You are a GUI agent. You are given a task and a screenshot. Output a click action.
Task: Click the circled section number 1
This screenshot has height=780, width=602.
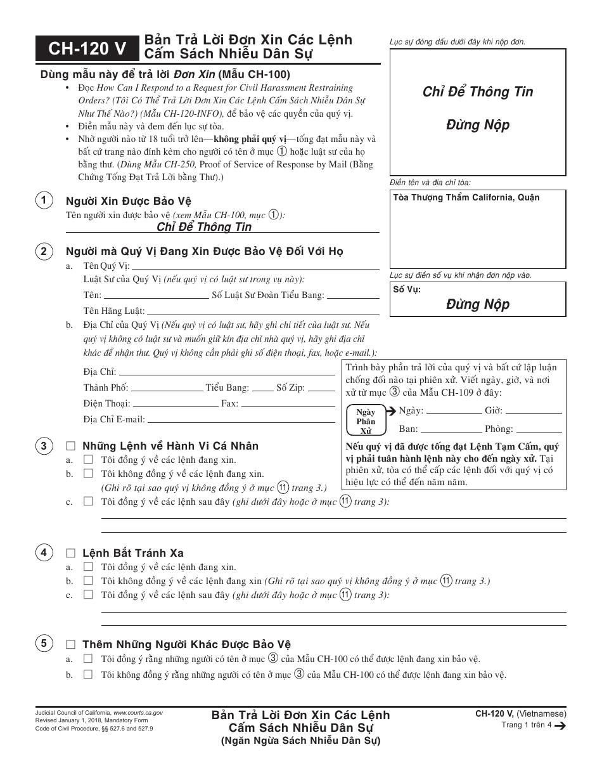pos(44,201)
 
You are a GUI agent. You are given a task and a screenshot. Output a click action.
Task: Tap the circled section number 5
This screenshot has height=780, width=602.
pos(44,644)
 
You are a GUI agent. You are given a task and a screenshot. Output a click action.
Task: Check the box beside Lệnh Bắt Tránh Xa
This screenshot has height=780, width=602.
pos(70,553)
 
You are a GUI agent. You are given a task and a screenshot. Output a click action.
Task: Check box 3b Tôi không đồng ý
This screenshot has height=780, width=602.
pos(88,474)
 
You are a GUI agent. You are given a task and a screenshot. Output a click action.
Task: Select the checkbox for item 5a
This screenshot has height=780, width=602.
pos(88,659)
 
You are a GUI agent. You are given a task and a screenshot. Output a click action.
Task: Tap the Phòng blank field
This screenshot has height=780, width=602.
pos(539,429)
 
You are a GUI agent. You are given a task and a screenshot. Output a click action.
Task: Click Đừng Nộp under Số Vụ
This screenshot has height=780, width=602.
pos(478,304)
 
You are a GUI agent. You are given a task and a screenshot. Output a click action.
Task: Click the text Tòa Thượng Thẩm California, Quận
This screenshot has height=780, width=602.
pos(466,197)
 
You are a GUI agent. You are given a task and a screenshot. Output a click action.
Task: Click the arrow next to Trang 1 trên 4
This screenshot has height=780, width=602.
pos(559,725)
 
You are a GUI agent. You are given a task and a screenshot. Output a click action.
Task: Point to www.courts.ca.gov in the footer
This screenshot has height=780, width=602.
pos(138,713)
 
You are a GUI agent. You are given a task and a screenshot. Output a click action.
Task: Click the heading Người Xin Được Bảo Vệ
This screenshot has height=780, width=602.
pos(129,202)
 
